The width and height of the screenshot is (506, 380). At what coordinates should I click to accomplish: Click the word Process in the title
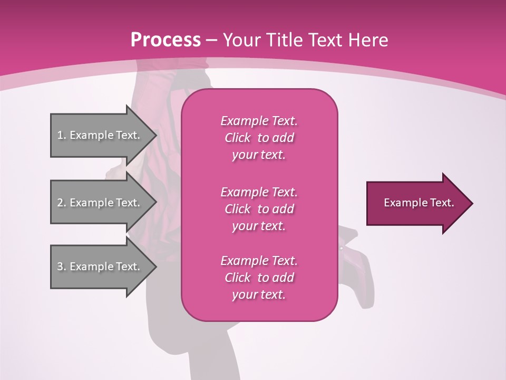click(166, 40)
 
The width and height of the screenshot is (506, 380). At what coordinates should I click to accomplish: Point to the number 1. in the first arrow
click(62, 135)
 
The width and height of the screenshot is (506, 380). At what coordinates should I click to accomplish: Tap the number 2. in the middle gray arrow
click(62, 203)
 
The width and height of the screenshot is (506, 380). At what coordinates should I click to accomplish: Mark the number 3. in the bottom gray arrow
click(62, 267)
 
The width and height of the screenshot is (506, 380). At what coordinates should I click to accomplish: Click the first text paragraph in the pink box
click(259, 138)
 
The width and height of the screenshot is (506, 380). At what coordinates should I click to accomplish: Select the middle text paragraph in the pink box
click(259, 208)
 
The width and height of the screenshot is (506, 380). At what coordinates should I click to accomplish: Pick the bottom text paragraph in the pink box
click(259, 278)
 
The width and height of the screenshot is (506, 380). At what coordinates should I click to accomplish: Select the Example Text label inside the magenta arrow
click(419, 203)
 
